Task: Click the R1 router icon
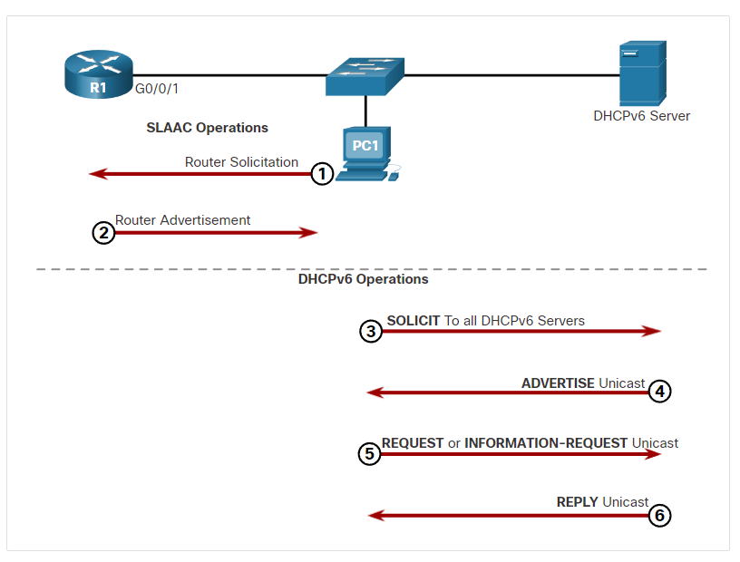pos(99,74)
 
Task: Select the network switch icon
pos(365,76)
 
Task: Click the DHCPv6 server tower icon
pos(643,73)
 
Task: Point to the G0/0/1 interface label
pos(157,89)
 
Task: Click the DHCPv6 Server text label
pos(641,116)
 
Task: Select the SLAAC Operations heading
pos(207,128)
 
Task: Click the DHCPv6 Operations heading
pos(363,279)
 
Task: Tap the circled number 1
pos(322,174)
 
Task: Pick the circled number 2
pos(103,233)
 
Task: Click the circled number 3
pos(371,331)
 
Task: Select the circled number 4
pos(660,392)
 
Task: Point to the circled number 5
pos(369,454)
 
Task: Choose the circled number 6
pos(660,515)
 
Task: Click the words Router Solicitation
pos(241,162)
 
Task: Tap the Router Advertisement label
pos(182,220)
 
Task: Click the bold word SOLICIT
pos(414,321)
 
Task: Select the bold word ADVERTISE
pos(558,383)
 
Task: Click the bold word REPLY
pos(577,502)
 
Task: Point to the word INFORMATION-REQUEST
pos(546,443)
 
